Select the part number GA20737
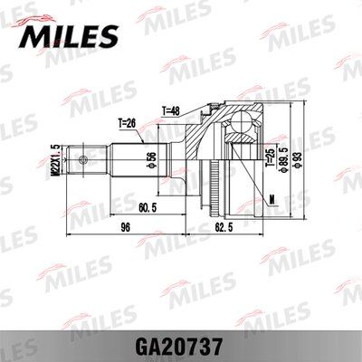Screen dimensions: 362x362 click(181, 345)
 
